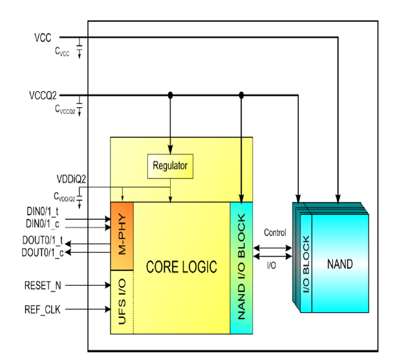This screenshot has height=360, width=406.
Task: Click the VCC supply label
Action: click(43, 37)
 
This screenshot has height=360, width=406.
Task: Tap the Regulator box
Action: click(170, 166)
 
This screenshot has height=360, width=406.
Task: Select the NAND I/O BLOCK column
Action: click(241, 268)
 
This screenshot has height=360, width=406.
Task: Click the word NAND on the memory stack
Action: click(339, 264)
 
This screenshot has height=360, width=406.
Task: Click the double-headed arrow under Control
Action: click(273, 246)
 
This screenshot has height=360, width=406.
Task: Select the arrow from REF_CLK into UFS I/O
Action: click(88, 309)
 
